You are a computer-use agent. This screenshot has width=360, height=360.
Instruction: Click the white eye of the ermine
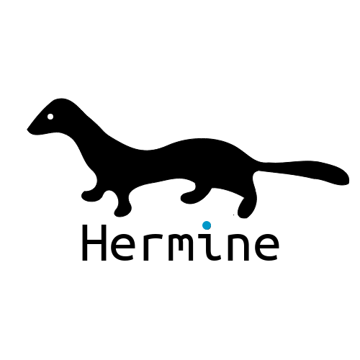coord(50,117)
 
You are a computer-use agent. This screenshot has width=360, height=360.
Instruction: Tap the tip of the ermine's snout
coord(27,130)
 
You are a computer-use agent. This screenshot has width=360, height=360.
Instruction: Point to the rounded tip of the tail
coord(347,179)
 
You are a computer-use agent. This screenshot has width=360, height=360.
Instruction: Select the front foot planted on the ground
coord(122,211)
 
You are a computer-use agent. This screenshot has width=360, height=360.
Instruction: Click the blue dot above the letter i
coord(207,225)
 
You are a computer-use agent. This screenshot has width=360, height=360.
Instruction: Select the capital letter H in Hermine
coord(94,243)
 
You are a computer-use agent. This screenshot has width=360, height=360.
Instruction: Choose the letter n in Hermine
coord(238,247)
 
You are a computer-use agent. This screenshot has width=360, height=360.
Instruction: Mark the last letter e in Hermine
coord(266,247)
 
